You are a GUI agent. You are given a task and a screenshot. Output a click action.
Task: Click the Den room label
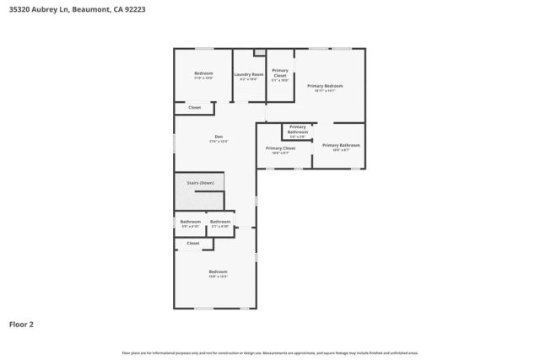219,138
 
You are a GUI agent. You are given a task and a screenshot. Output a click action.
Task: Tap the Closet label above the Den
194,108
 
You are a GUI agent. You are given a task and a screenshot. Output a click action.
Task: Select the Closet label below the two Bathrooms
193,243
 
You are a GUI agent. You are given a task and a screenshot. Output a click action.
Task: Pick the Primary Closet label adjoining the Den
280,149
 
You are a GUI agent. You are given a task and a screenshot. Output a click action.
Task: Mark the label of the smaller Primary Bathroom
298,130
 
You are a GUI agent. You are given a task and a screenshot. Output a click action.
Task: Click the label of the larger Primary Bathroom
341,146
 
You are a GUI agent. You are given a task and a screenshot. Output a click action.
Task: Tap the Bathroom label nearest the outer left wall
190,223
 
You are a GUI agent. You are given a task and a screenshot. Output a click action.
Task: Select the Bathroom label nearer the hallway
220,223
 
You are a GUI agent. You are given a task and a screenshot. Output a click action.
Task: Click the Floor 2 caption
21,324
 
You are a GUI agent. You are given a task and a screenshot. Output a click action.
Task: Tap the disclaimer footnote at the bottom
270,352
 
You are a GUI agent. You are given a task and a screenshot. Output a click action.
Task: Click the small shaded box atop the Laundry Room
260,52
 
